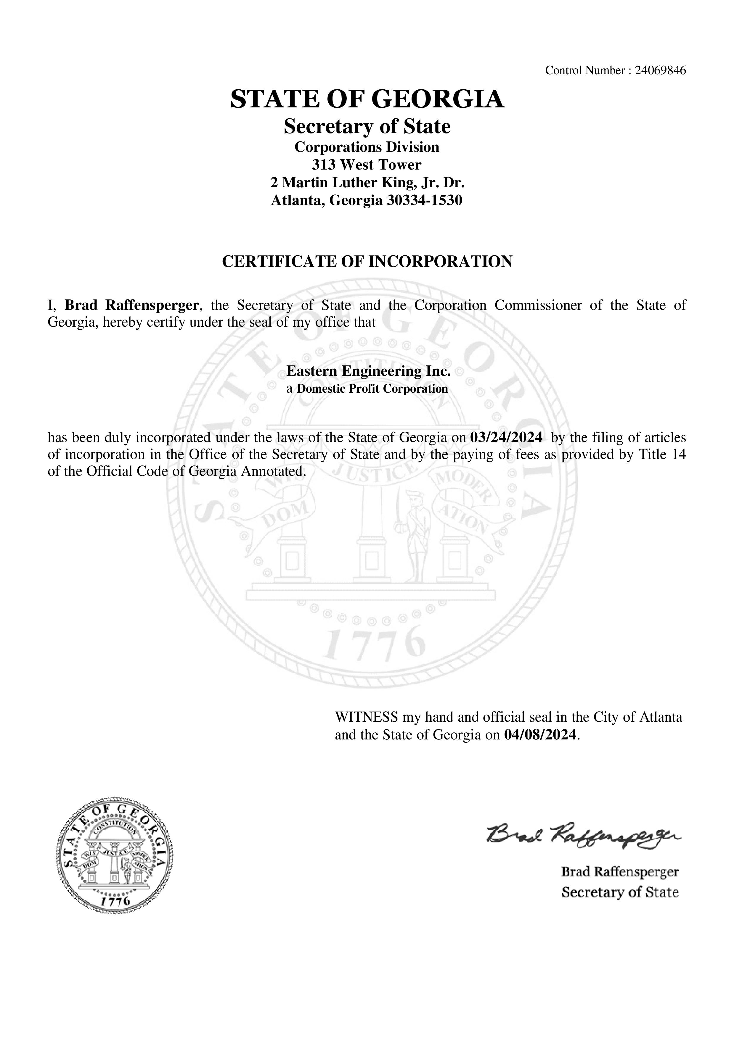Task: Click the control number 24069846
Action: point(660,70)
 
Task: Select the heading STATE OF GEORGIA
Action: point(367,99)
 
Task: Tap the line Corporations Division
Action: point(367,147)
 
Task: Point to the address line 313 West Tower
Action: point(367,165)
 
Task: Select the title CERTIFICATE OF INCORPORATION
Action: point(367,261)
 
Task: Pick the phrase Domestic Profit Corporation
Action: point(372,389)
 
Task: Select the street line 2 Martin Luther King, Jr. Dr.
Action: point(367,182)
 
